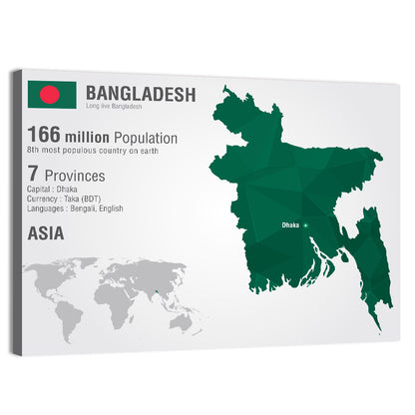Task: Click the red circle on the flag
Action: point(50,94)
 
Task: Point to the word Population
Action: point(146,137)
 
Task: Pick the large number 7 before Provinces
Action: point(32,175)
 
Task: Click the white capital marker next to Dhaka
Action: point(307,224)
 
